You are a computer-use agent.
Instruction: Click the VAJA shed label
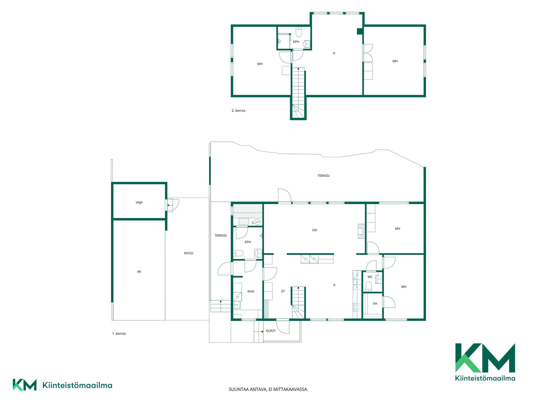coord(139,202)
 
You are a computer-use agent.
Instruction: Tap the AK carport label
coord(139,271)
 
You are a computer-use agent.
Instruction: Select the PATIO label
coord(189,253)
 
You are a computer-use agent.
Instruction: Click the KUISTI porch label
coord(270,331)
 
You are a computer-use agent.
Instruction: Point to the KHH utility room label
coord(251,291)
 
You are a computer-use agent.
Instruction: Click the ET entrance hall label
coord(283,291)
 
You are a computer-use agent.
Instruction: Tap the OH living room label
coord(315,230)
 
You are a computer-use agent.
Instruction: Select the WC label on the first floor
coord(370,277)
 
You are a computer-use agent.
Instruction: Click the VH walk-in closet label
coord(375,303)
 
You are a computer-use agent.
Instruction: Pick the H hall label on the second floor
coord(334,53)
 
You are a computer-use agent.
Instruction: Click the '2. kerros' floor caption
coord(238,111)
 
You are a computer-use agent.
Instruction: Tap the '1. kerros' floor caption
coord(119,334)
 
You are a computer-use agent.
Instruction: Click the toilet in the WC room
coord(369,287)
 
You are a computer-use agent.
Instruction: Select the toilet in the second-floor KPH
coord(299,32)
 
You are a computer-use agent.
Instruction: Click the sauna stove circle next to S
coord(258,222)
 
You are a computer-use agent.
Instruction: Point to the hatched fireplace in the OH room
coord(362,231)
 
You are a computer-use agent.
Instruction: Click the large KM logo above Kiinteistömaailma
coord(485,358)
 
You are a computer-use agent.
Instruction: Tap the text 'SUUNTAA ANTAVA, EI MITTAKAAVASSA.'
coord(268,389)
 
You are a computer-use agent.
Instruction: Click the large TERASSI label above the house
coord(323,176)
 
